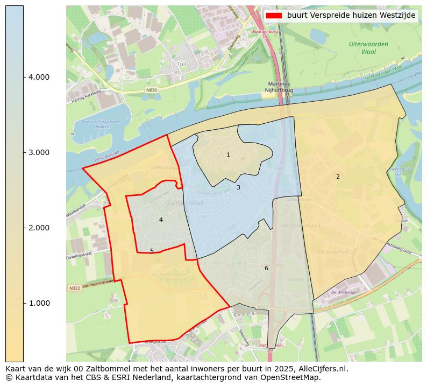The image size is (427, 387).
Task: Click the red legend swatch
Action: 274,16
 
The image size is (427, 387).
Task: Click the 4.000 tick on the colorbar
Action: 39,77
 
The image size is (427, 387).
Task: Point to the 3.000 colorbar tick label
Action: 39,152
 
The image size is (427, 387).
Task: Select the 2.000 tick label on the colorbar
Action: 39,228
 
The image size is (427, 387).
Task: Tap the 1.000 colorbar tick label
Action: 39,303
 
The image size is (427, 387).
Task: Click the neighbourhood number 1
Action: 228,155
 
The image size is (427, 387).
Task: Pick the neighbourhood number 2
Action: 338,177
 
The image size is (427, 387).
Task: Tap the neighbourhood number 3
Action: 238,188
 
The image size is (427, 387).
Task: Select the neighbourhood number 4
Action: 161,220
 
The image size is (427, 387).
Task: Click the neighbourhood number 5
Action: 152,251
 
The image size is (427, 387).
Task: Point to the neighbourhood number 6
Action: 266,268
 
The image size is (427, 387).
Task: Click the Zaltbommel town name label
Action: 185,203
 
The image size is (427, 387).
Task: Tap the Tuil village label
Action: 181,64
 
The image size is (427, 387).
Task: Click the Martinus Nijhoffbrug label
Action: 279,88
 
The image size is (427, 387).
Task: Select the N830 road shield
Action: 152,90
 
